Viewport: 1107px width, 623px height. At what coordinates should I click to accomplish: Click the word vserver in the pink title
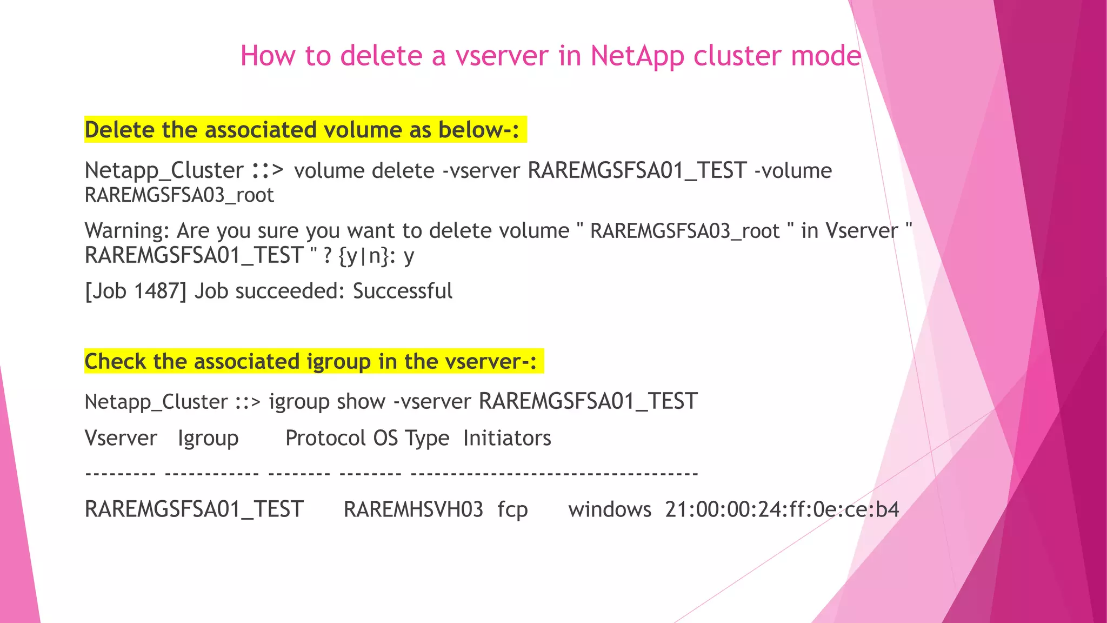pos(502,56)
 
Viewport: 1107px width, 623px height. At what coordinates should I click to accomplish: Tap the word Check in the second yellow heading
pos(115,361)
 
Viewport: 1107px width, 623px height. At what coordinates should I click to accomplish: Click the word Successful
pos(403,291)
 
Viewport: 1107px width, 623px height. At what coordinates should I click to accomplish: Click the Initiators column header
pos(507,438)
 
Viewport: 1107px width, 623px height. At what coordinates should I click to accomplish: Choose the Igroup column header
pos(208,438)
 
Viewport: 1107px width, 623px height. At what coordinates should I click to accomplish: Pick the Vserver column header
pos(121,438)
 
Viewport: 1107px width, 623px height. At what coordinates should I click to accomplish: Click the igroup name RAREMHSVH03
pos(414,509)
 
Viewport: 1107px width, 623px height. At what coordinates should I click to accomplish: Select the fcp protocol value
pos(512,509)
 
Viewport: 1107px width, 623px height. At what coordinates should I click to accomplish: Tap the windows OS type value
pos(610,509)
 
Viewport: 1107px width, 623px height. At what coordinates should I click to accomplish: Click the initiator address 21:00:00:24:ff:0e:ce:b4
pos(782,509)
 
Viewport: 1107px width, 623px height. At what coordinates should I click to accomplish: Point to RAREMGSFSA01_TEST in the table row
pos(194,509)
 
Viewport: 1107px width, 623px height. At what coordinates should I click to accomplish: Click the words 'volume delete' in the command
pos(364,171)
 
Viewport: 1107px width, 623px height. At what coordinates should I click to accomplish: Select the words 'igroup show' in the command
pos(327,402)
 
